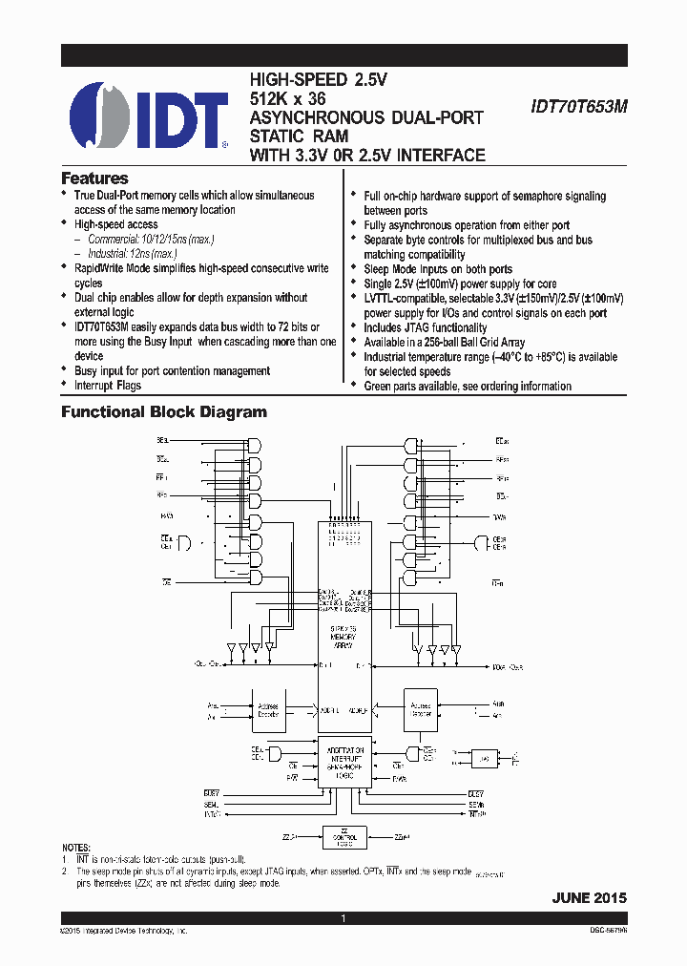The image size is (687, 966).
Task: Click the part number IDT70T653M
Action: coord(578,109)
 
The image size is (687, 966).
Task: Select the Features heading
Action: coord(94,178)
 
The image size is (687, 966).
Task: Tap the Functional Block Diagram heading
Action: coord(164,412)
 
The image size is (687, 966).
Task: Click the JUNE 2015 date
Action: coord(589,898)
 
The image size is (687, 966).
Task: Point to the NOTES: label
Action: coord(76,848)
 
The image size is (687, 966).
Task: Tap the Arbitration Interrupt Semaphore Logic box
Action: coord(343,765)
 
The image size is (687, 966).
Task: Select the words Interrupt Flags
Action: coord(108,386)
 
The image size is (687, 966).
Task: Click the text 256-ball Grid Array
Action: coord(474,342)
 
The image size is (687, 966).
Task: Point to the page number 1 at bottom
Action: coord(343,918)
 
